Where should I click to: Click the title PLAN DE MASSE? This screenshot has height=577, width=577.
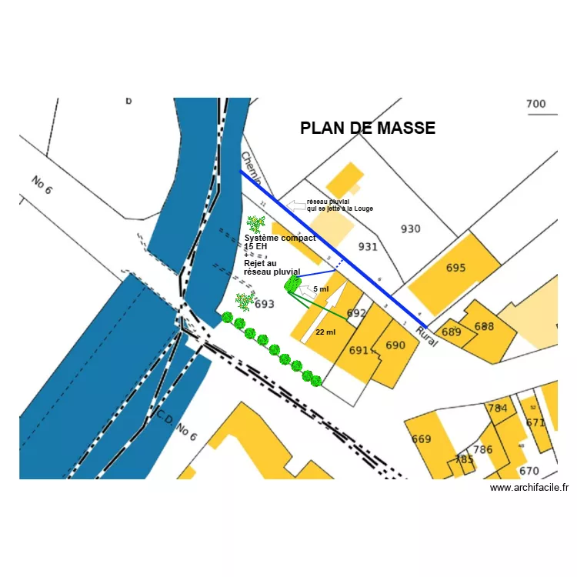point(368,128)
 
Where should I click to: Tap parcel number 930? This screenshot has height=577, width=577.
point(411,228)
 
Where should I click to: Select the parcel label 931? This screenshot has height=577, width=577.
point(368,246)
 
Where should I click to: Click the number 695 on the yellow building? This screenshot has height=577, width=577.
point(455,268)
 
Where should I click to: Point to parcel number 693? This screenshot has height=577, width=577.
point(265,304)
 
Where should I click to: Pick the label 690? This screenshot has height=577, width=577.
point(395,345)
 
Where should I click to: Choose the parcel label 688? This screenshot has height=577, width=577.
point(484,326)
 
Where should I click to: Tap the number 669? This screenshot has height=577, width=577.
point(421,439)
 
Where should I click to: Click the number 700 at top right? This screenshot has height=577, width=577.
point(535,104)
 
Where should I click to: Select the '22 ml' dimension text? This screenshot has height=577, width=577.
point(325,332)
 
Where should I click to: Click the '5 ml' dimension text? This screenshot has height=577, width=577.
point(321,288)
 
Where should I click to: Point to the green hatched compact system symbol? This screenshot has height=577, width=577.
point(292,285)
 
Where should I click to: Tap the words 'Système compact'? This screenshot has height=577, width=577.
point(280,238)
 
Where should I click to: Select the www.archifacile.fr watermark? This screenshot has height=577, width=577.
point(529,487)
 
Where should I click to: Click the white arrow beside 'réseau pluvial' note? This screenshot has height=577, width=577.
point(296,205)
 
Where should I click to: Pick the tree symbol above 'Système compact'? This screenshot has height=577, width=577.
point(255,224)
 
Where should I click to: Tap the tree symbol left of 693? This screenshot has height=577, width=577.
point(244,301)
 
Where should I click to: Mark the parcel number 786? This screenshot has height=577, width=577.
point(482,450)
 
